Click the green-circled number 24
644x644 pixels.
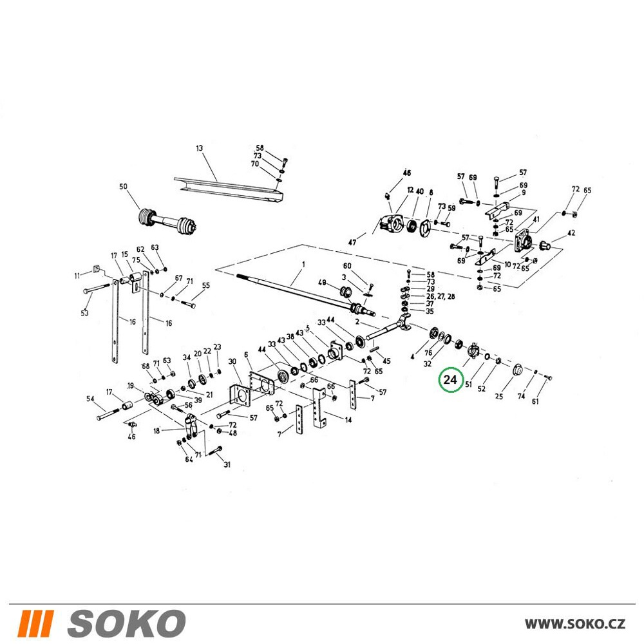[450, 379]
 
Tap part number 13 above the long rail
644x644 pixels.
[199, 148]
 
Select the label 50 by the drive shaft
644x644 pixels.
[123, 187]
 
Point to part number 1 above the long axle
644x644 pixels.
[303, 265]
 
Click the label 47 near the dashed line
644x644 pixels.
[352, 242]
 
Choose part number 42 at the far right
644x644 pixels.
[571, 233]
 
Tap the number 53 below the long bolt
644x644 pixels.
[84, 313]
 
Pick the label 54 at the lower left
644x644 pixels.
[90, 399]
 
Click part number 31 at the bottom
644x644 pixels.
[227, 464]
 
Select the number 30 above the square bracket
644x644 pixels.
[232, 361]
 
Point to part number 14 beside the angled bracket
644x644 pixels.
[348, 420]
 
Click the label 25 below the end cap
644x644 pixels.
[498, 396]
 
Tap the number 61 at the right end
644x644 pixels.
[535, 401]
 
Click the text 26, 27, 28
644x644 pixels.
[440, 296]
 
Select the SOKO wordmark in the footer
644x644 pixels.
[126, 623]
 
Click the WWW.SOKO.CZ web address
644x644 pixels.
[575, 623]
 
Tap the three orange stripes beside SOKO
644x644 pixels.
[35, 623]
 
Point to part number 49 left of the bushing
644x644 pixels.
[322, 283]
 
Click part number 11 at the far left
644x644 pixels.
[77, 276]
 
